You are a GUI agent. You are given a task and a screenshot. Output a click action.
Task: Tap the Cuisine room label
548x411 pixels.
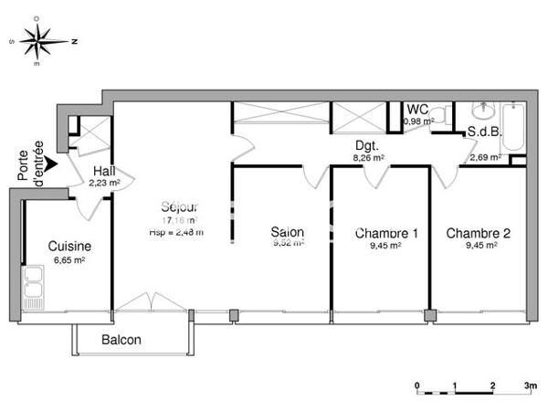tap(68, 246)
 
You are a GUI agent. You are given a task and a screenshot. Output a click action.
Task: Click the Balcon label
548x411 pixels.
tap(121, 341)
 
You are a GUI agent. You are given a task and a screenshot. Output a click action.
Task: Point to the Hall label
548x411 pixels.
tap(104, 170)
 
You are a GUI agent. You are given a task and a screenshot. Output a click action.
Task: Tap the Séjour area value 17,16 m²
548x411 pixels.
tap(181, 220)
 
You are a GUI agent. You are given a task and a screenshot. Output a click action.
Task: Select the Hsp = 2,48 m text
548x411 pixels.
tap(175, 232)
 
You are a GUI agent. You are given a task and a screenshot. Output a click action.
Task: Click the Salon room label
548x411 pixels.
tap(287, 233)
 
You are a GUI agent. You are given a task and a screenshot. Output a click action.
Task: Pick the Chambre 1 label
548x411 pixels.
tap(386, 233)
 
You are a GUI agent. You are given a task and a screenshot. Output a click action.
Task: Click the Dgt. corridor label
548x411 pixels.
tap(367, 145)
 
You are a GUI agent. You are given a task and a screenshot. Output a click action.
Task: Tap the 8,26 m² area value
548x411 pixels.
tap(368, 157)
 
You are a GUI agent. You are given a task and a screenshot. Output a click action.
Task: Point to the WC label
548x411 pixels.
tap(417, 110)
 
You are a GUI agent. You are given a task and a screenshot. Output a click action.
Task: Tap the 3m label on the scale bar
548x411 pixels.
tap(531, 386)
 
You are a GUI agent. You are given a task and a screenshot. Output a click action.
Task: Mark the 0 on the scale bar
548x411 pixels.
tap(416, 386)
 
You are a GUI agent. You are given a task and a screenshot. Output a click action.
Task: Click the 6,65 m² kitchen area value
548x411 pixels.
tap(68, 259)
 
